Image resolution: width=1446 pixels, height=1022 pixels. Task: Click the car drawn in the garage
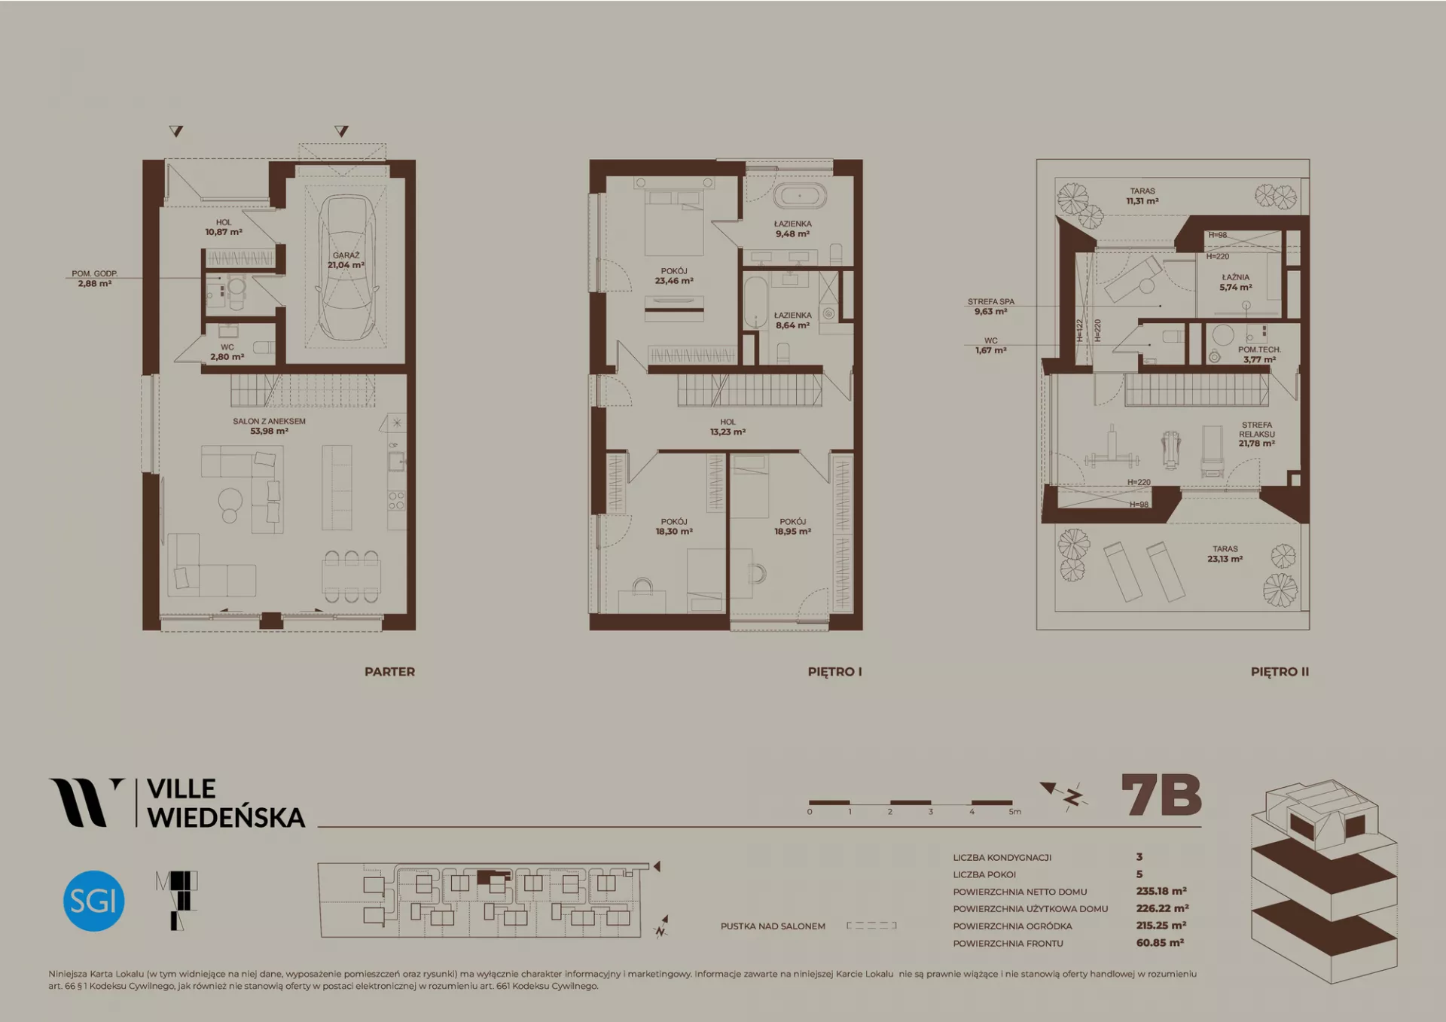[x=346, y=268]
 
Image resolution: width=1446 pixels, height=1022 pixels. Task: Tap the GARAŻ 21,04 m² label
[x=346, y=261]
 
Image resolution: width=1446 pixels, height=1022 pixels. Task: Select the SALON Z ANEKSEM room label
[x=269, y=426]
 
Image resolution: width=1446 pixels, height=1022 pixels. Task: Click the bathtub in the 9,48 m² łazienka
[x=800, y=197]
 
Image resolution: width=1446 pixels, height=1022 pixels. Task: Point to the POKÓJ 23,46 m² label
[x=674, y=276]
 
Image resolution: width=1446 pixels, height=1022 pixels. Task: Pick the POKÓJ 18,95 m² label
[x=792, y=526]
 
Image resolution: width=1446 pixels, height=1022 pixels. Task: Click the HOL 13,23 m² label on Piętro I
[x=728, y=427]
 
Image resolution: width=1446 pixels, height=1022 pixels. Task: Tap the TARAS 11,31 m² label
[x=1142, y=197]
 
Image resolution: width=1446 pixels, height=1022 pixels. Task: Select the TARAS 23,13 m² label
[x=1225, y=554]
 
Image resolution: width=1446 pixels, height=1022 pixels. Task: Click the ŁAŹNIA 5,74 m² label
[x=1235, y=282]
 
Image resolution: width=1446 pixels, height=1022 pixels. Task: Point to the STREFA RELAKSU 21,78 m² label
[x=1256, y=435]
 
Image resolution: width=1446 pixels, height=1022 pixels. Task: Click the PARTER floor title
[x=389, y=672]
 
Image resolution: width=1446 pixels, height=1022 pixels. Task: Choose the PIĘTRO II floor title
[x=1280, y=672]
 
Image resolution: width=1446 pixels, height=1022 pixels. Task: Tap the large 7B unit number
[x=1161, y=795]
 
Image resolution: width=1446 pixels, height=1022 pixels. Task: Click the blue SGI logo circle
[x=93, y=901]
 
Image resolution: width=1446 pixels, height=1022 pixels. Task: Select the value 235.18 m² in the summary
[x=1161, y=891]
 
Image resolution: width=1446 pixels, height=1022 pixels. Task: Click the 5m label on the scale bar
[x=1015, y=812]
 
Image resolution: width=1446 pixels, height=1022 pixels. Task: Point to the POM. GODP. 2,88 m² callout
[x=94, y=279]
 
